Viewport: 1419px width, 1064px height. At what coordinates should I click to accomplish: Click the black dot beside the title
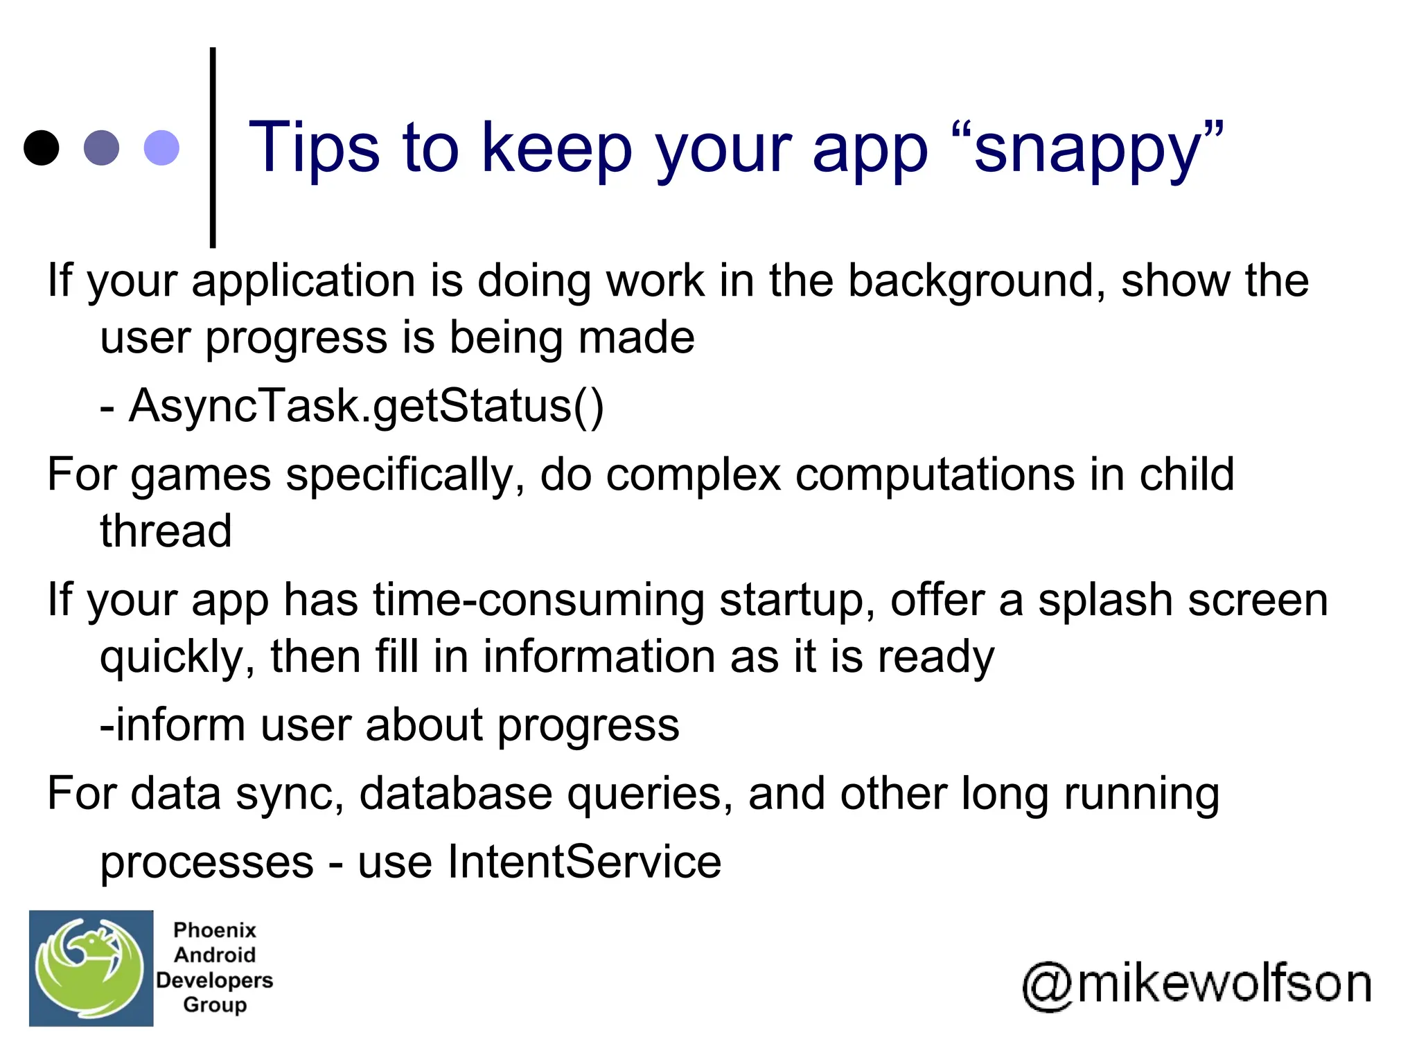pyautogui.click(x=41, y=148)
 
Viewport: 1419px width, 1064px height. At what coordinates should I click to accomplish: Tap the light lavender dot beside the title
pyautogui.click(x=161, y=148)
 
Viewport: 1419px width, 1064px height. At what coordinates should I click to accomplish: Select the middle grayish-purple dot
pyautogui.click(x=101, y=148)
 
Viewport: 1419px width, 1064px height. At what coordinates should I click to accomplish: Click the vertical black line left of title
pyautogui.click(x=213, y=148)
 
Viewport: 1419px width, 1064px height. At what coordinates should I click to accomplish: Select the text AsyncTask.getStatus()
pyautogui.click(x=367, y=406)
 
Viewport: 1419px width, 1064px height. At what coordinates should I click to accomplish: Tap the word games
pyautogui.click(x=201, y=477)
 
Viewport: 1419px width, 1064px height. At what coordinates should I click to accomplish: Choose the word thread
pyautogui.click(x=166, y=531)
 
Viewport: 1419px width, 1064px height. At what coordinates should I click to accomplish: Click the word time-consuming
pyautogui.click(x=538, y=600)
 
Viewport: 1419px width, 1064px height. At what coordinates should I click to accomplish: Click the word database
pyautogui.click(x=455, y=794)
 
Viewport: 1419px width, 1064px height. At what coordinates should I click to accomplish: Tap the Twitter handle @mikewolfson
pyautogui.click(x=1197, y=984)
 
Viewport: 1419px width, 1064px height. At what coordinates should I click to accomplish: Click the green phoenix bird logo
pyautogui.click(x=91, y=968)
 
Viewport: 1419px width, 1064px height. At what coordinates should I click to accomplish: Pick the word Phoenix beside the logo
pyautogui.click(x=215, y=930)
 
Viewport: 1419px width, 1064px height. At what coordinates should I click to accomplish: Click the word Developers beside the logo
pyautogui.click(x=215, y=979)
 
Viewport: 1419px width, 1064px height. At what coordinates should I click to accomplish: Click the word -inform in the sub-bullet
pyautogui.click(x=173, y=725)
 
